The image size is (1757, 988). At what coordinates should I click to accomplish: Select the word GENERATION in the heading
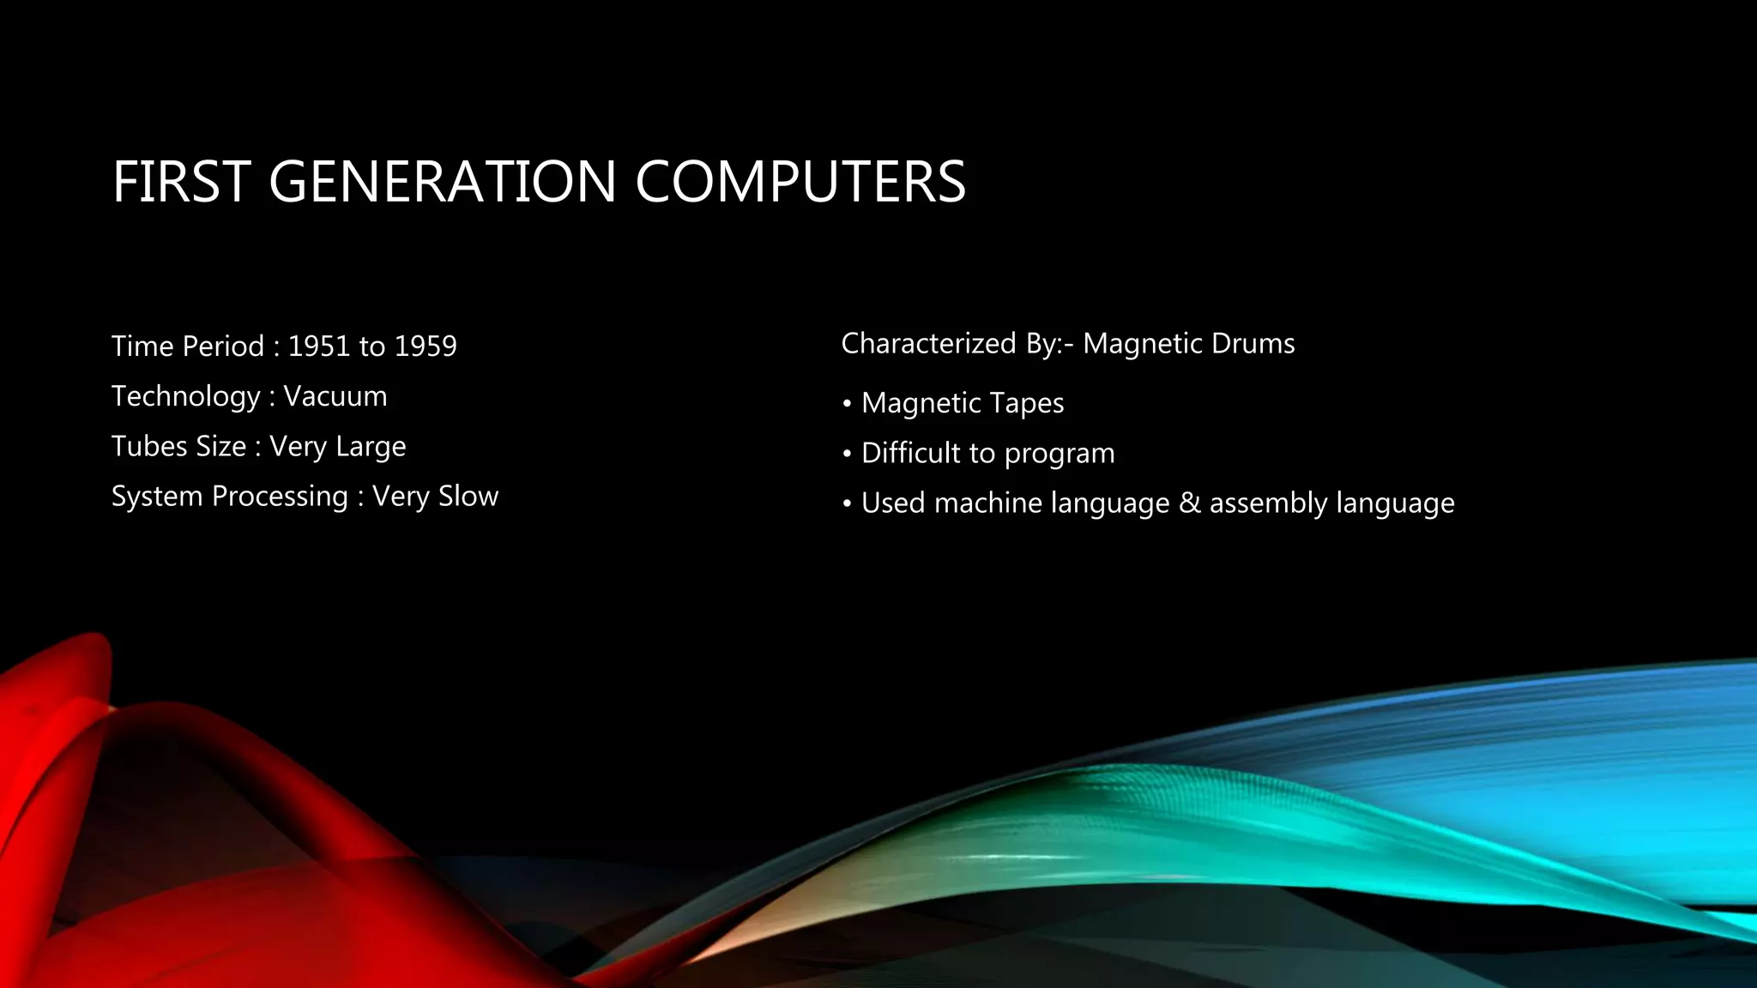(443, 182)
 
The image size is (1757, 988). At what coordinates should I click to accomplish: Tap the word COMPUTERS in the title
(800, 182)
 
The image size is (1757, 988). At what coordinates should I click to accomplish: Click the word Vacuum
(335, 396)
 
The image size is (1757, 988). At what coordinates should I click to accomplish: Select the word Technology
(185, 397)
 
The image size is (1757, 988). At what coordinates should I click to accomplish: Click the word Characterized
(928, 344)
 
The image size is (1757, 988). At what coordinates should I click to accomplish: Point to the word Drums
(1254, 344)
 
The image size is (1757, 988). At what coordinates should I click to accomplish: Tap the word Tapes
(1027, 403)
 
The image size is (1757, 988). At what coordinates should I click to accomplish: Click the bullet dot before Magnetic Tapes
(847, 403)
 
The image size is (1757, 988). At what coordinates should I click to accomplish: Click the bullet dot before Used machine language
(847, 503)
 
